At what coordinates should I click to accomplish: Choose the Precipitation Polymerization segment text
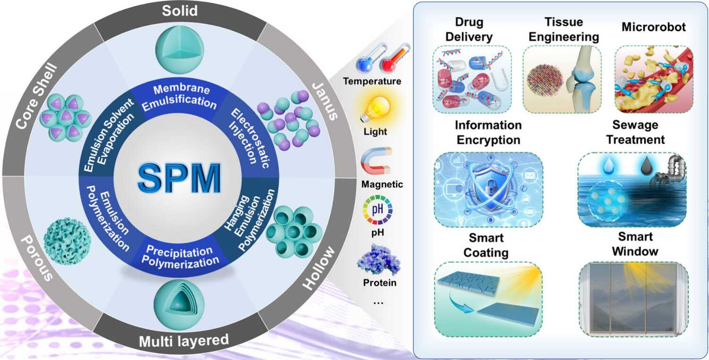point(179,255)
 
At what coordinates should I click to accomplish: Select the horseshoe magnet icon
point(376,160)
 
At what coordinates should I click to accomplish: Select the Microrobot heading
point(653,27)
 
